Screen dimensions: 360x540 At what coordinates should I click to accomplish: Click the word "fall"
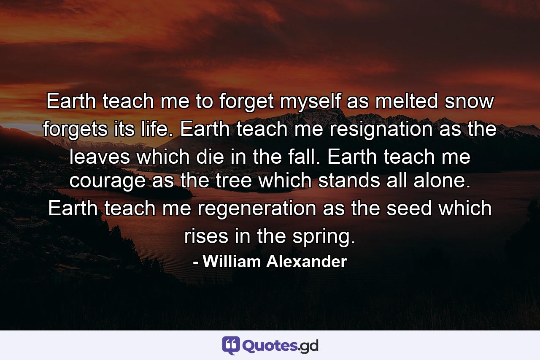pos(305,157)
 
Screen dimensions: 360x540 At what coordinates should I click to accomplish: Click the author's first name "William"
pos(232,262)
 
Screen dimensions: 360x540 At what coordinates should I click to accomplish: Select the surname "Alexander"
pos(307,262)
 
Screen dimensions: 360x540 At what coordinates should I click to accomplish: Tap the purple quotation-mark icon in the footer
pos(231,345)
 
